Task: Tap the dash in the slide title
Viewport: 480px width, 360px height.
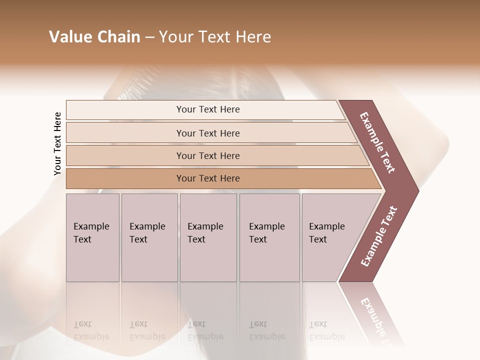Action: click(149, 37)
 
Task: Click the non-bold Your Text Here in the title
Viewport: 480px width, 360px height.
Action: click(215, 37)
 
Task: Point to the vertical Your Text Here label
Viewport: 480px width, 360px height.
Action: click(57, 143)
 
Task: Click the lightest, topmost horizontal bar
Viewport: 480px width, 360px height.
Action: click(207, 109)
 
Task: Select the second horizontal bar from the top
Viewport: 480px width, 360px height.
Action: click(207, 133)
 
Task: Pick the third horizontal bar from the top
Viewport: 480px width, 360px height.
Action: click(207, 155)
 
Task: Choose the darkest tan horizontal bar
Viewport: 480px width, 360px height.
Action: click(207, 178)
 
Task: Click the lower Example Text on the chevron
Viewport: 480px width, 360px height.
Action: click(378, 236)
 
